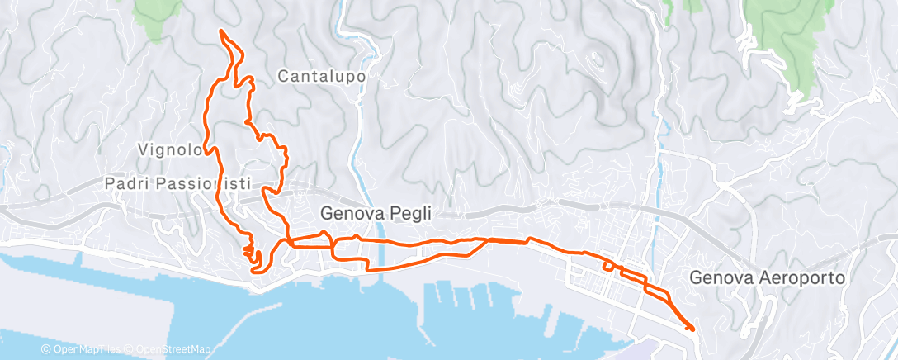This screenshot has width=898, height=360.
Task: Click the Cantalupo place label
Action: pos(321,77)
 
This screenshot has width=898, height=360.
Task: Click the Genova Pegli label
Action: pos(376,213)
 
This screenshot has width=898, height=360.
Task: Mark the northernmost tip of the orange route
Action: pos(220,31)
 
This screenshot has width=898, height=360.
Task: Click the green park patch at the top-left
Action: pos(157,17)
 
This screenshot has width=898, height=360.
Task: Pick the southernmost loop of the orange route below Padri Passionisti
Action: pos(257,263)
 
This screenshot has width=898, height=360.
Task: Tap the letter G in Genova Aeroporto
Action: pos(694,278)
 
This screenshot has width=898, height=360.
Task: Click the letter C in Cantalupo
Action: pos(283,77)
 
